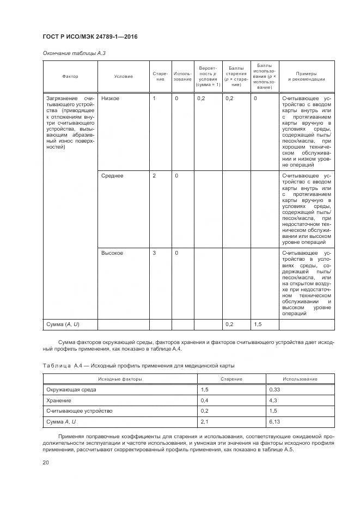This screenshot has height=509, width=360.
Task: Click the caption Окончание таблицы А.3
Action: click(70, 53)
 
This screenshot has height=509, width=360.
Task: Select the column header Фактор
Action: click(70, 77)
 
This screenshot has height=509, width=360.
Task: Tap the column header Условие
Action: click(123, 77)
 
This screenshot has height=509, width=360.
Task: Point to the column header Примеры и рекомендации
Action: click(306, 77)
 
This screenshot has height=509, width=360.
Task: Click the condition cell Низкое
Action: click(111, 99)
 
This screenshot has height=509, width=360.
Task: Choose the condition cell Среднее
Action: click(112, 176)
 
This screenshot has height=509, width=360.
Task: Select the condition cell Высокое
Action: click(112, 253)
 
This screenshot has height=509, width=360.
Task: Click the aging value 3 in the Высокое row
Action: click(154, 253)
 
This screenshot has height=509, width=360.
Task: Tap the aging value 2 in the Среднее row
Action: click(154, 176)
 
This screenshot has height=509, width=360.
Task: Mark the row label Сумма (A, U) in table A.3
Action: click(63, 324)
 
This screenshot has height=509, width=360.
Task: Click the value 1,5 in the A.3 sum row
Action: click(259, 324)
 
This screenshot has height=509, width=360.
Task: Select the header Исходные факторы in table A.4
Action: click(120, 378)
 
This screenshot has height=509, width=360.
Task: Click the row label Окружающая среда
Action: click(74, 390)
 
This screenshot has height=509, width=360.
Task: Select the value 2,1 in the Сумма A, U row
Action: click(205, 421)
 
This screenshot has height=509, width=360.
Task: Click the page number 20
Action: click(46, 462)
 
